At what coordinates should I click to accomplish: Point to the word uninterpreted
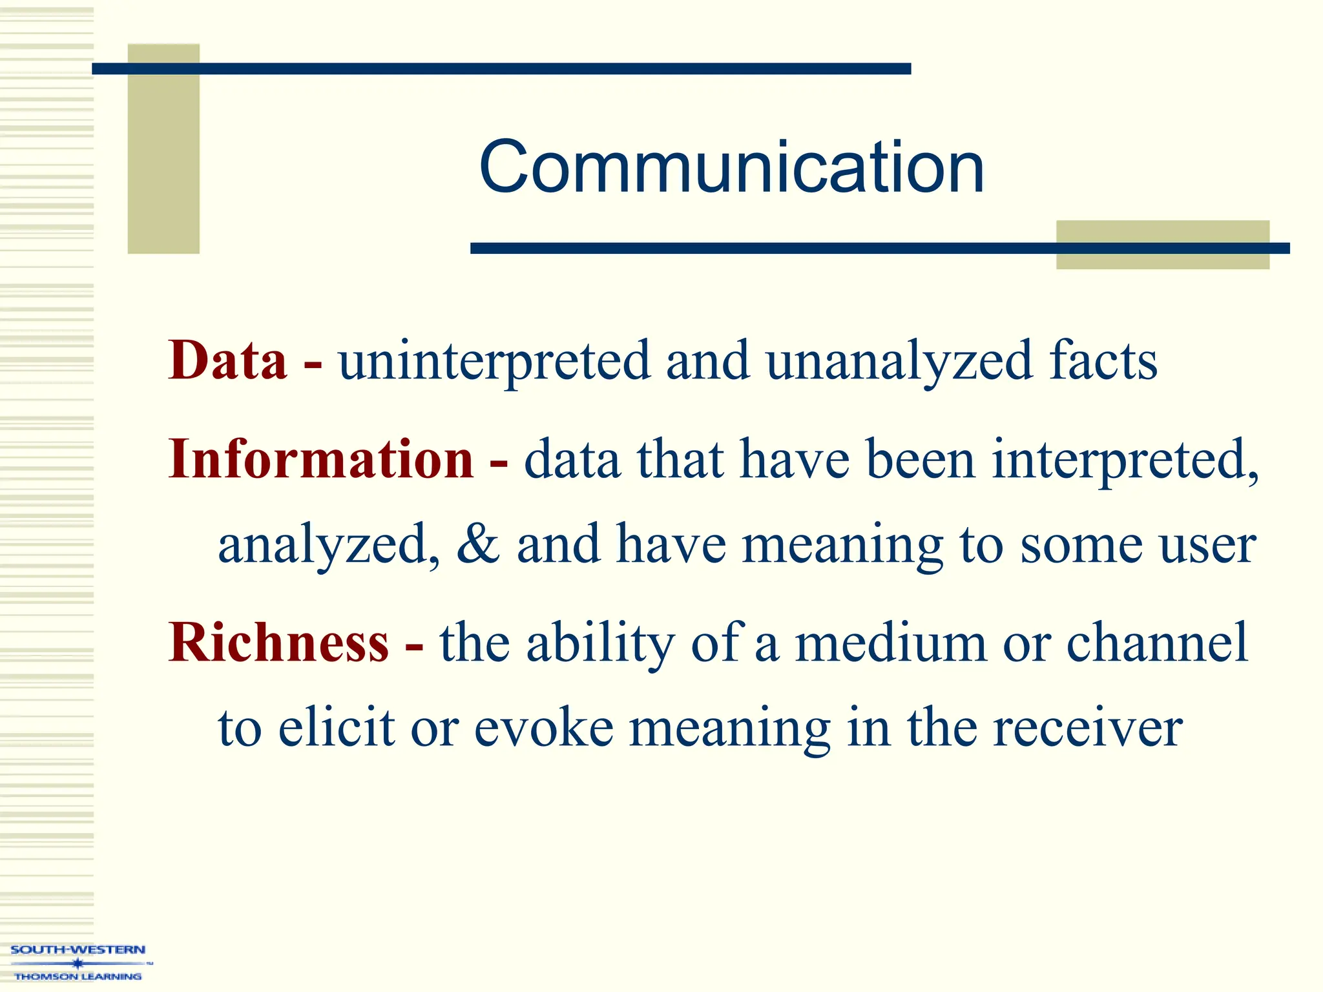click(x=494, y=362)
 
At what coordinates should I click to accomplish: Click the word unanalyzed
click(x=899, y=362)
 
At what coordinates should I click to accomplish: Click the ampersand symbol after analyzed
click(x=477, y=544)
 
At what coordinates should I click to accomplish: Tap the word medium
click(x=891, y=643)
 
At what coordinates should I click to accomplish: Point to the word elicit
click(x=337, y=727)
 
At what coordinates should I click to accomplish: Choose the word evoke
click(x=544, y=727)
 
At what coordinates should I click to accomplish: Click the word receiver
click(x=1087, y=728)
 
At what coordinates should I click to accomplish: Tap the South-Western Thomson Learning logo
click(x=78, y=962)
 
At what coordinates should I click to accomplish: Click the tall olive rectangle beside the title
click(x=163, y=149)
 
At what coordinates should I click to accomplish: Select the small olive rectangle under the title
click(x=1162, y=245)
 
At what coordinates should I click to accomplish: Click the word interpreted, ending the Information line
click(x=1125, y=460)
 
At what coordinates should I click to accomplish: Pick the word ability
click(x=601, y=643)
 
